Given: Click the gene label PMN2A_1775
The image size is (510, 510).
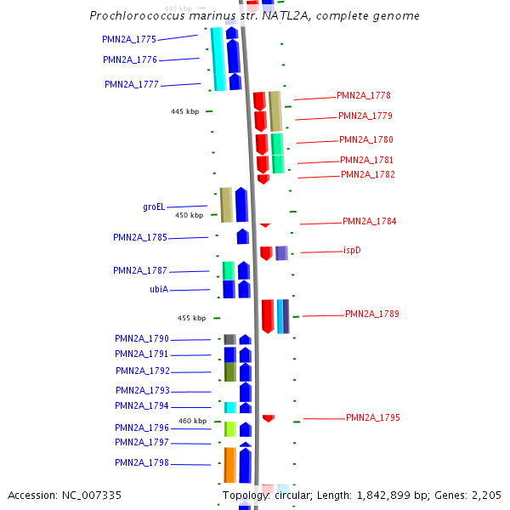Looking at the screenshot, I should tap(129, 39).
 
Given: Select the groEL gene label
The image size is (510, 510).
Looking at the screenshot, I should tap(154, 207).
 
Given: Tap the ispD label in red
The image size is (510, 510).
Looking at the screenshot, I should tap(353, 251).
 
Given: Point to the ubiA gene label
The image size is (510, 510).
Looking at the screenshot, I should tap(159, 290).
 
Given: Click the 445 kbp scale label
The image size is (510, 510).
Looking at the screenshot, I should tap(184, 111).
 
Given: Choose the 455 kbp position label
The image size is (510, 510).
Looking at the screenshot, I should tap(191, 318).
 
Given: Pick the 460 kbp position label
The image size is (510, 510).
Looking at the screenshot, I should tap(192, 421).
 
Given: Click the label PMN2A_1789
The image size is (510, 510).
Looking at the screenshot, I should tap(371, 314).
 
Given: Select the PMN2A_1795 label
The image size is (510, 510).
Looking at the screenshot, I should tap(372, 418).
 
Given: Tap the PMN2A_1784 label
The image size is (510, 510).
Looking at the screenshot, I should tap(369, 222).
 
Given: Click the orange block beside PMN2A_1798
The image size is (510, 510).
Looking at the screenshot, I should tap(229, 464).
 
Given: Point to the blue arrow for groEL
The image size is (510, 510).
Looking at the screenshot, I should tap(241, 205).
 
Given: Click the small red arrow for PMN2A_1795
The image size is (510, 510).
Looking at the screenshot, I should tap(269, 418).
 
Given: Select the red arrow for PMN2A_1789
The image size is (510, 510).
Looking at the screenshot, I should tap(268, 315).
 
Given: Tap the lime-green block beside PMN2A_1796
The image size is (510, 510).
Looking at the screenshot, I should tap(229, 429).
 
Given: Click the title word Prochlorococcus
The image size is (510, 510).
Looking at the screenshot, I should tap(142, 16).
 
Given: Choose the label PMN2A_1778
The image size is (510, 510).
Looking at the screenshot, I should tap(364, 96).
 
